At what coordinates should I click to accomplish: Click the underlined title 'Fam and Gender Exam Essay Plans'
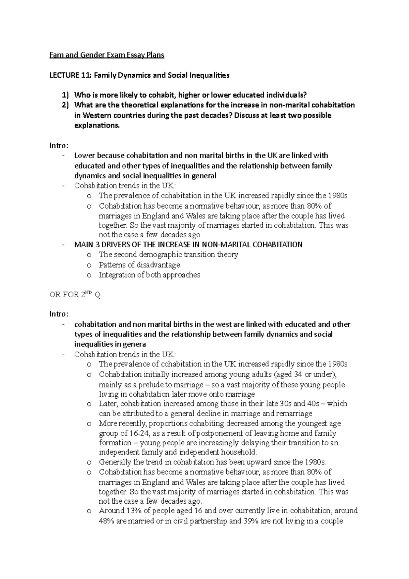click(x=107, y=55)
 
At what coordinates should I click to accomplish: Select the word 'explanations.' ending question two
click(x=97, y=125)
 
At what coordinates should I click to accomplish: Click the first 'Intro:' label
click(x=59, y=146)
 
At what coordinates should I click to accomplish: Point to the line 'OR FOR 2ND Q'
click(x=75, y=295)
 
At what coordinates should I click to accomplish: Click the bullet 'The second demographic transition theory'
click(x=168, y=255)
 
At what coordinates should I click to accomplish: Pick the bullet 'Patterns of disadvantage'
click(x=139, y=265)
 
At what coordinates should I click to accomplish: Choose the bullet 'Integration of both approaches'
click(x=149, y=275)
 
